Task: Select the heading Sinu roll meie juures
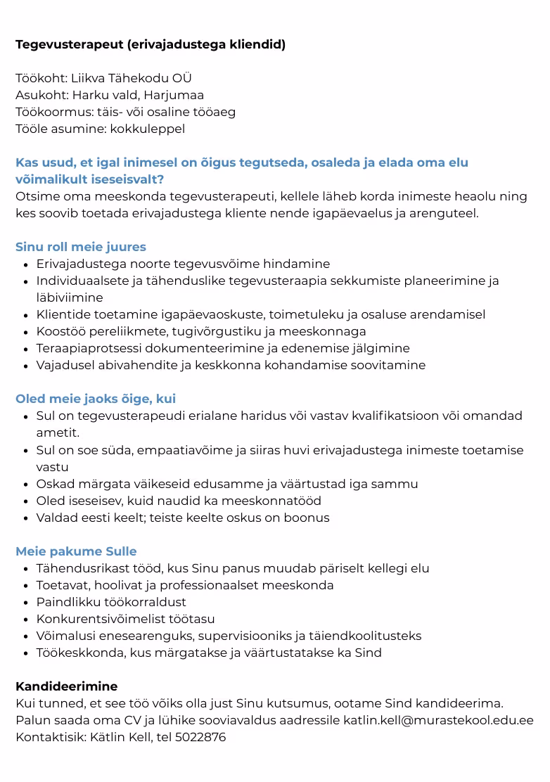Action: click(81, 247)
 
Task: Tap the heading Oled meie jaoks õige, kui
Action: click(96, 399)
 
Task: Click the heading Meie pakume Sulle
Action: click(76, 551)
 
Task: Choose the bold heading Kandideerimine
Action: click(67, 686)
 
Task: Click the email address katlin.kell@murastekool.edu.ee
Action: click(438, 720)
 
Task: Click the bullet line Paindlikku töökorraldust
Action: click(111, 602)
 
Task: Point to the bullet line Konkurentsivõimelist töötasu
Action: click(126, 619)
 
